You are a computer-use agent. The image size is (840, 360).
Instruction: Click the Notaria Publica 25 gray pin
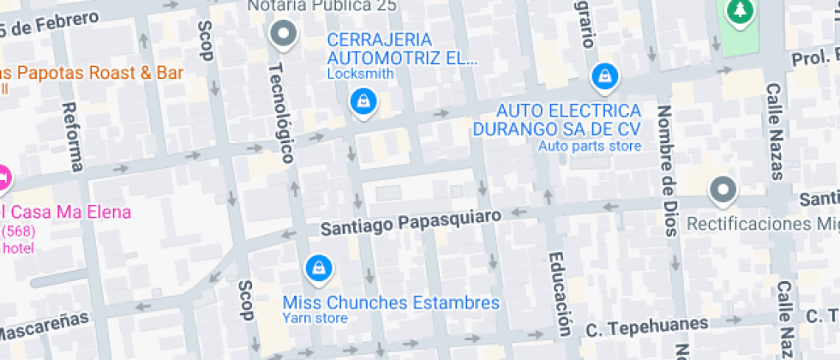283,34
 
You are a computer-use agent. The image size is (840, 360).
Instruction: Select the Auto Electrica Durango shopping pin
605,77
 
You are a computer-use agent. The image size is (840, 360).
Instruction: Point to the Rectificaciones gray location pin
723,190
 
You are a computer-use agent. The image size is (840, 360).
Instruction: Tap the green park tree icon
737,11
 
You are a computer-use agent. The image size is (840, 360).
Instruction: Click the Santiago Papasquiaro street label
410,223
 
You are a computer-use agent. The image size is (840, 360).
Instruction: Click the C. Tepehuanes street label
647,326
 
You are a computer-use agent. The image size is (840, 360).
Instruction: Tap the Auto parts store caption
590,146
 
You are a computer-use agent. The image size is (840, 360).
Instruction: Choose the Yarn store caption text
315,318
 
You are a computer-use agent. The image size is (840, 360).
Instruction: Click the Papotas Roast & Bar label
90,72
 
